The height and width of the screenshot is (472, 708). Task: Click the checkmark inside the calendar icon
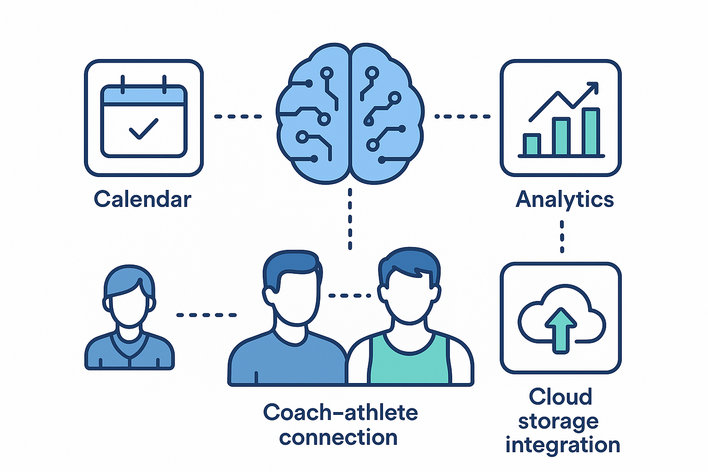143,129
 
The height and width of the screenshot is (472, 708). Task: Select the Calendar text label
142,200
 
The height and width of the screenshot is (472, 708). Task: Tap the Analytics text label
565,200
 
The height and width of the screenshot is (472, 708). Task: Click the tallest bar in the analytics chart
590,132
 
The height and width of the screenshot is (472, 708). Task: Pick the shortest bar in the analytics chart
531,145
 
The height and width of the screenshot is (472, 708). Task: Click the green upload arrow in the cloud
560,329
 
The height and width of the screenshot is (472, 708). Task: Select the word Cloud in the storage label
560,397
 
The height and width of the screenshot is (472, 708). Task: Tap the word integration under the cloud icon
562,445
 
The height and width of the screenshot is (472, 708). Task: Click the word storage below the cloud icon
558,422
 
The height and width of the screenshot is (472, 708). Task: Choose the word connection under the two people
338,437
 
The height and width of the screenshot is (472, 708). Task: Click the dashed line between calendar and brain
238,117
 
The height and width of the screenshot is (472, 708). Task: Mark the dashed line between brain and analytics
462,117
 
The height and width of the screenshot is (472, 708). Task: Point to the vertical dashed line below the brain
350,218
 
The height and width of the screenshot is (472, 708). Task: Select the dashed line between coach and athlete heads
349,295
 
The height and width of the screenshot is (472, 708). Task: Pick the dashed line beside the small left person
206,315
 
